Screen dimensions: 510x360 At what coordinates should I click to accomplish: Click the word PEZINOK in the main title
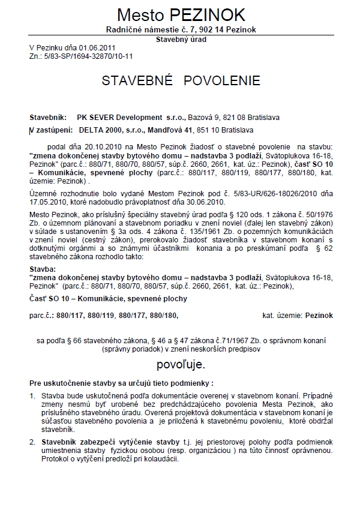[211, 16]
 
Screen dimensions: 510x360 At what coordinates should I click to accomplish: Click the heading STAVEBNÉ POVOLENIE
[181, 81]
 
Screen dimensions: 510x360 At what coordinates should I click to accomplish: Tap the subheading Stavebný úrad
[181, 40]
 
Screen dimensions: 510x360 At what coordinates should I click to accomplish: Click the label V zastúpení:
[51, 130]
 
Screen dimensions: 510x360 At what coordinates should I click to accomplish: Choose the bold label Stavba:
[42, 269]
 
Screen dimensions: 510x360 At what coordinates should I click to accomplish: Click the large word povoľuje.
[181, 364]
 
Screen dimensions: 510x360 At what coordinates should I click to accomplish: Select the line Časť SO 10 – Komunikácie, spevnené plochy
[108, 298]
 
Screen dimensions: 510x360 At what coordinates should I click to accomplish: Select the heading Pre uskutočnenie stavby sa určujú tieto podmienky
[121, 382]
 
